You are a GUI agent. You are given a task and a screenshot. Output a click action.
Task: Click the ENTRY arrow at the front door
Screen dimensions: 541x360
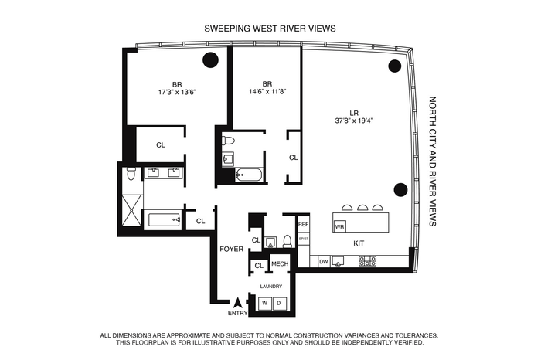click(x=237, y=303)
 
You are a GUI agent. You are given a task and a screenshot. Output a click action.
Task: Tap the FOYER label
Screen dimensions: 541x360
click(x=232, y=249)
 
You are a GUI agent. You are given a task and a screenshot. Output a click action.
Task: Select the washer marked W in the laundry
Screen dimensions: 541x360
click(x=265, y=304)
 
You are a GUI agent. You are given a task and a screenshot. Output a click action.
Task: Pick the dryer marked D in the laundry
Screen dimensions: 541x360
click(x=279, y=304)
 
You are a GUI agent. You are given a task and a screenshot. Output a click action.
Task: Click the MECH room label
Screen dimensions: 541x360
click(x=280, y=263)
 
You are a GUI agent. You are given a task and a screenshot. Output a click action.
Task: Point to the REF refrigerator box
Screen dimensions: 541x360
click(x=303, y=225)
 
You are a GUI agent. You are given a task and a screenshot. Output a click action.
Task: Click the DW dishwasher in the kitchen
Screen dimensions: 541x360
click(x=324, y=262)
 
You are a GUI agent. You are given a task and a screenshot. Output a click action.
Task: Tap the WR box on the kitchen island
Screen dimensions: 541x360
click(x=339, y=227)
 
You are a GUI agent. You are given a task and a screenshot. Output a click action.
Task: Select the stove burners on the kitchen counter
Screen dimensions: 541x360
click(x=367, y=261)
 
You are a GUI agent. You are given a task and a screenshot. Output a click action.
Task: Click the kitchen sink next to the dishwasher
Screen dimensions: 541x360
click(x=338, y=261)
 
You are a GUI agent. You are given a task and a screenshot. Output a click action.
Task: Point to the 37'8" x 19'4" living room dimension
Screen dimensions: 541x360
click(x=354, y=121)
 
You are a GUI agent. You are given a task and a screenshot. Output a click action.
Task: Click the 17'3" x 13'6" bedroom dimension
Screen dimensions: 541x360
click(x=177, y=92)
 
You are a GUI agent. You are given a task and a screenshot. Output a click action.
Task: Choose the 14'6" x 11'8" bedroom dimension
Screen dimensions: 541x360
click(x=267, y=92)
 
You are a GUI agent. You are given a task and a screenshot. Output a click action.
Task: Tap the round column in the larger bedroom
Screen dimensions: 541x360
click(x=210, y=60)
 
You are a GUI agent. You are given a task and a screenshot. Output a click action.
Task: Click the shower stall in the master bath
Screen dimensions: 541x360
click(x=132, y=211)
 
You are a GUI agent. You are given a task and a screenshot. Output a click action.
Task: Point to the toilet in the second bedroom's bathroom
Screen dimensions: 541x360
click(x=228, y=141)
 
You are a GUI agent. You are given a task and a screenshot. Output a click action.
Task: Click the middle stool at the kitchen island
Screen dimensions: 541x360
click(x=362, y=208)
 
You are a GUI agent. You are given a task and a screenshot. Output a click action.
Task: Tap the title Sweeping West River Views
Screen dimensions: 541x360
click(x=270, y=29)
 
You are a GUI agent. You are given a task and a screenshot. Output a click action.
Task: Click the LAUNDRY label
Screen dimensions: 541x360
click(x=271, y=286)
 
